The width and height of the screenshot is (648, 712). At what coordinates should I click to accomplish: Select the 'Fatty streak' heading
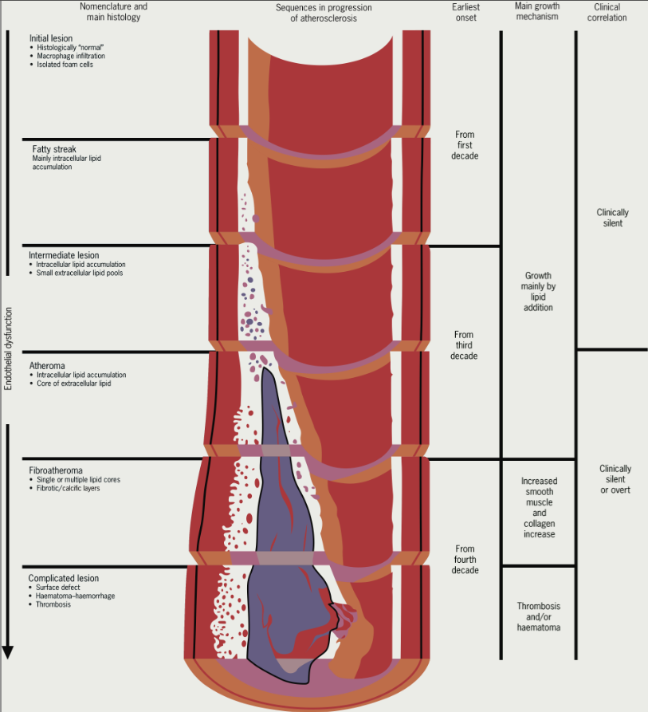click(x=53, y=149)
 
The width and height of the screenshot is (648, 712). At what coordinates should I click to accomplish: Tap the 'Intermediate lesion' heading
click(x=64, y=255)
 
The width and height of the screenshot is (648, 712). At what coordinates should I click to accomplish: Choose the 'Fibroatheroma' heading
click(x=55, y=470)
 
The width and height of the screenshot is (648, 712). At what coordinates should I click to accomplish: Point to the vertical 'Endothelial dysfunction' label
click(x=9, y=348)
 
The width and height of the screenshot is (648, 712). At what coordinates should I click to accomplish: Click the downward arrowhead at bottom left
click(x=8, y=651)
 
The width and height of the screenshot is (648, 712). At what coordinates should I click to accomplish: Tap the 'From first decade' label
click(x=464, y=145)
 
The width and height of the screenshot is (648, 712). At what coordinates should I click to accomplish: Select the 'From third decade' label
click(x=464, y=345)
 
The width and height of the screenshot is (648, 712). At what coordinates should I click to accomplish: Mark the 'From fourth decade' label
click(x=464, y=559)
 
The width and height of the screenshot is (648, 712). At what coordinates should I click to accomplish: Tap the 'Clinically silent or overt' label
click(x=615, y=479)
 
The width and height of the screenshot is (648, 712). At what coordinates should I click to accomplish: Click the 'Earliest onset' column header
click(x=464, y=12)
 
